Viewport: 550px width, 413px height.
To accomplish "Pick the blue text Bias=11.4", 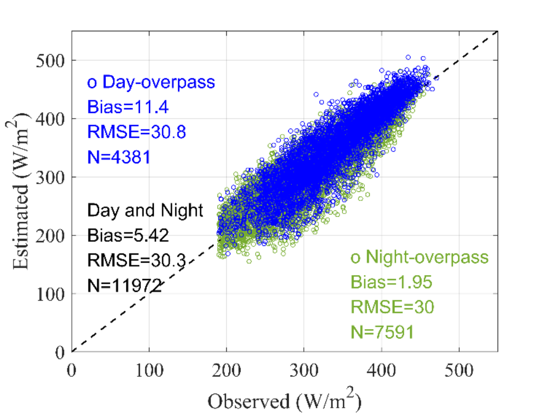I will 128,107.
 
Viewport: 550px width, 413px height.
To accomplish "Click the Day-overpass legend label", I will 151,82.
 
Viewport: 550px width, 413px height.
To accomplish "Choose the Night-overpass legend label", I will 419,257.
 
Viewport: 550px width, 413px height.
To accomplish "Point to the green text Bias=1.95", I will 391,282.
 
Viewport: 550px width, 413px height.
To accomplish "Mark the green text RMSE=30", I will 392,307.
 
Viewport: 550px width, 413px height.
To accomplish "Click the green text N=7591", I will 383,332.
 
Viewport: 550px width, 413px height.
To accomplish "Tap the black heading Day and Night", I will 145,210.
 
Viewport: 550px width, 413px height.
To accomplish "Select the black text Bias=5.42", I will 128,235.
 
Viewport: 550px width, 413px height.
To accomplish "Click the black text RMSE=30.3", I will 137,261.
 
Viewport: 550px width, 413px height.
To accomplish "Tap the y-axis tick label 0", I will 60,352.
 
